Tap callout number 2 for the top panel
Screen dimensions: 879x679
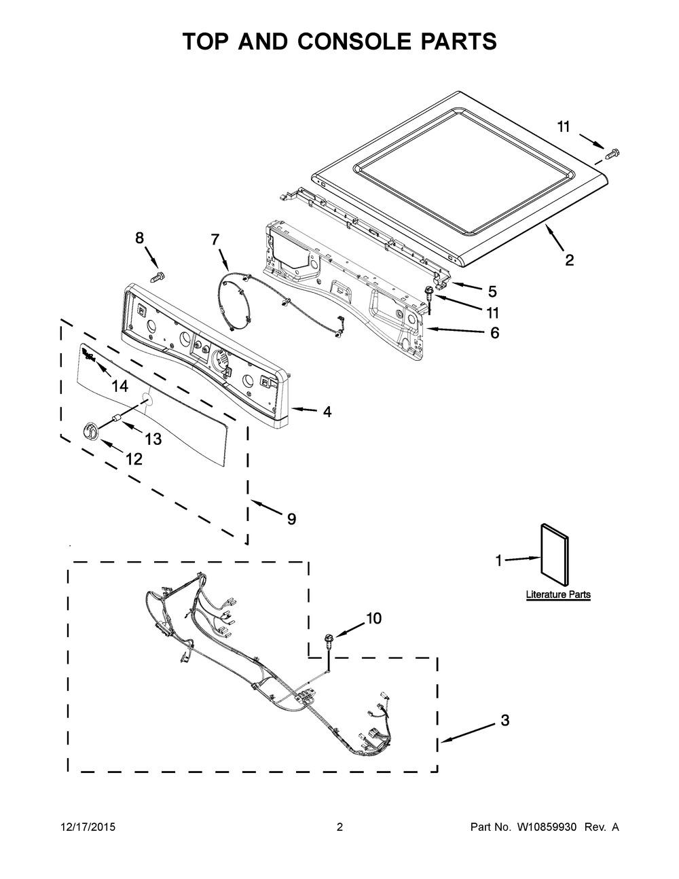[569, 259]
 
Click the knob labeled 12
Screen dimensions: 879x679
[90, 430]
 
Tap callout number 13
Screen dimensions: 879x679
[153, 439]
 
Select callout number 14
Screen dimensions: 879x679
[120, 387]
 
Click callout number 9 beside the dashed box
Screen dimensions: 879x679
[291, 519]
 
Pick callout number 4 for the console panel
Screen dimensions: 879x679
[327, 412]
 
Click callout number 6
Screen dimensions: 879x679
[494, 333]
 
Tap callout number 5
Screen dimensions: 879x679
[492, 291]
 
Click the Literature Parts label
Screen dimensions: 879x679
[558, 594]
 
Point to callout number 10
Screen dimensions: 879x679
[373, 618]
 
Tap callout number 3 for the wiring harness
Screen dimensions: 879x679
[504, 720]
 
